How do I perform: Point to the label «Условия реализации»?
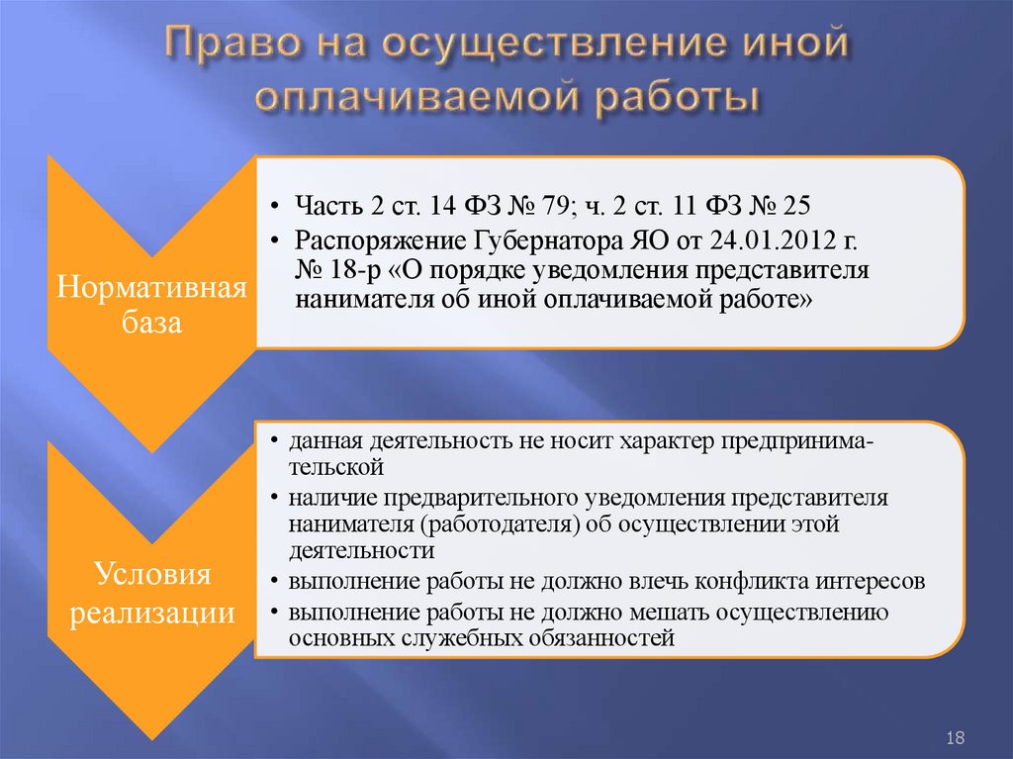(152, 593)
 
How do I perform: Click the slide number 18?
(956, 737)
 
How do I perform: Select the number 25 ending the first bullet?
(795, 207)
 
